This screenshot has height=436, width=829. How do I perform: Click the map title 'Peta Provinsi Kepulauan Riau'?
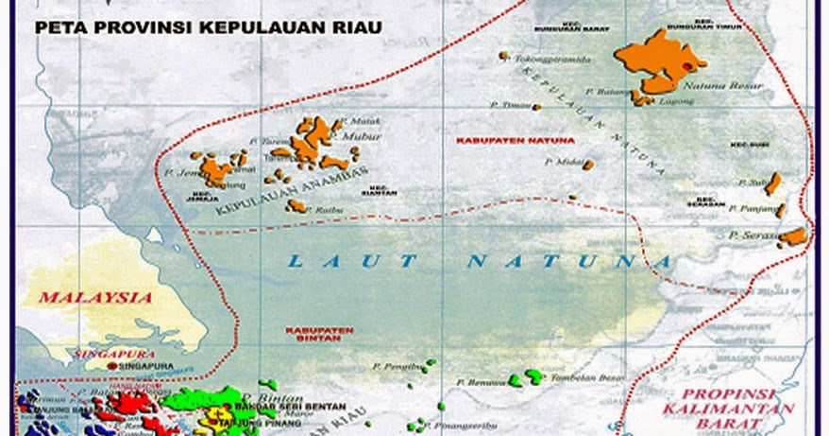[x=209, y=28]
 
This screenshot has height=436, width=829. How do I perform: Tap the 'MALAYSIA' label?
[x=95, y=297]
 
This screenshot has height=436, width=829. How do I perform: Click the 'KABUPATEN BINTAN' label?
[x=318, y=335]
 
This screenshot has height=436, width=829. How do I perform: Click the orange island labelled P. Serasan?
[x=794, y=236]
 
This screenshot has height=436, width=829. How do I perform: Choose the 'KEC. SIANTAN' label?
[x=379, y=189]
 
